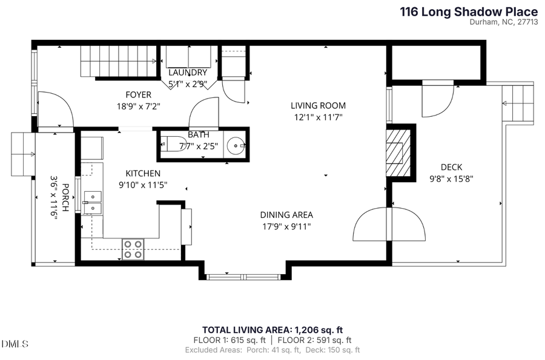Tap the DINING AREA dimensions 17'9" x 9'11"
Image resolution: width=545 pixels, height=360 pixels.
coord(286,226)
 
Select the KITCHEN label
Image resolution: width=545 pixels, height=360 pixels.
coord(143,173)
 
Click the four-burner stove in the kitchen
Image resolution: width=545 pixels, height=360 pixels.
coord(133,249)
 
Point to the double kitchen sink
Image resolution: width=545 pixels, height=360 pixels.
coord(93,202)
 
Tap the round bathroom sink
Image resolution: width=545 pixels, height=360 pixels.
coord(236,145)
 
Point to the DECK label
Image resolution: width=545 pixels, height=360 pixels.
coord(451,167)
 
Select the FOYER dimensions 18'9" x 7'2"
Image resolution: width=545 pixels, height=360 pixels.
coord(138,105)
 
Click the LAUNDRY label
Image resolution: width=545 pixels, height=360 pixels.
coord(188,73)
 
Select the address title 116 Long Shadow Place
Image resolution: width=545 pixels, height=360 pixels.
coord(469,11)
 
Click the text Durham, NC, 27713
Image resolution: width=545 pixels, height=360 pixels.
coord(504,22)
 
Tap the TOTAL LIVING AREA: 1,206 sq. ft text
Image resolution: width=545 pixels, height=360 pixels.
coord(272,330)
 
